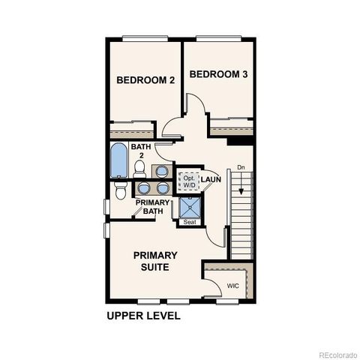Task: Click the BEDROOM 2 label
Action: tap(141, 79)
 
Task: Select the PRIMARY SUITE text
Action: tap(155, 261)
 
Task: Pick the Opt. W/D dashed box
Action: tap(187, 180)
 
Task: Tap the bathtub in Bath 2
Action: tap(118, 160)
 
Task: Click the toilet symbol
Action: tap(121, 193)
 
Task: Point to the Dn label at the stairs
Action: tap(240, 167)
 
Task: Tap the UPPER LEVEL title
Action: tap(143, 316)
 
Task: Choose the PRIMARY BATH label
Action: tap(152, 207)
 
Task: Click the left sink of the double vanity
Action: tap(142, 188)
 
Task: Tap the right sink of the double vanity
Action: tap(162, 188)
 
